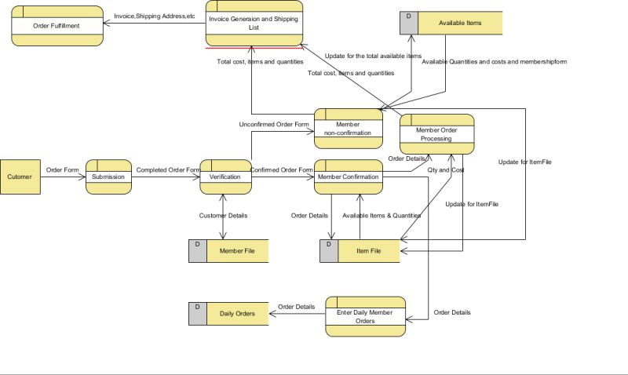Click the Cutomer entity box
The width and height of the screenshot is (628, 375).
tap(20, 177)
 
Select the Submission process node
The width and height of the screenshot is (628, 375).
tap(108, 177)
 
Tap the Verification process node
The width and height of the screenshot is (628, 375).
tap(225, 177)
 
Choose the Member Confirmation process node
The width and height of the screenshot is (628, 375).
tap(349, 177)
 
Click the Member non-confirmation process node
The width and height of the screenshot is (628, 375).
tap(349, 129)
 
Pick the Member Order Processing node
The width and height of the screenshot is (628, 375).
tap(436, 134)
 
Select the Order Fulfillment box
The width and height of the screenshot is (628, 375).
tap(57, 25)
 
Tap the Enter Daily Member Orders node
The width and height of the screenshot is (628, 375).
tap(365, 316)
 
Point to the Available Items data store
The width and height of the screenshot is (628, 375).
tap(460, 24)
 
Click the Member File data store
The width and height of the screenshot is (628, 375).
tap(236, 251)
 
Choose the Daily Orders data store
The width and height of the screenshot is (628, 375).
tap(236, 314)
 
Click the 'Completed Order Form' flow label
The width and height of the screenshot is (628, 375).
tap(167, 169)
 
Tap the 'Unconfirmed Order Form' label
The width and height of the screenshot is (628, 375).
tap(274, 125)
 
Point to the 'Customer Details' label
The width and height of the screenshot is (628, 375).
tap(223, 215)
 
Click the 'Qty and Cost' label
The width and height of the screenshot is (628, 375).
tap(446, 170)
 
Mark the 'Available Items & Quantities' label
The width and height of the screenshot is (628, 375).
tap(382, 215)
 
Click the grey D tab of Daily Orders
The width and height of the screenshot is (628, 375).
tap(198, 314)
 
